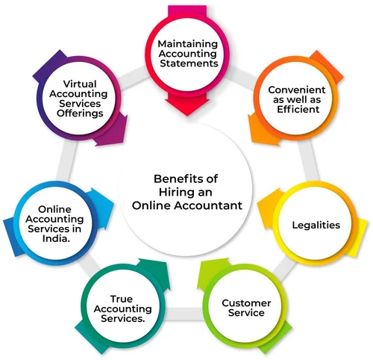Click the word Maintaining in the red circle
pyautogui.click(x=188, y=44)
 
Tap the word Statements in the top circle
pyautogui.click(x=189, y=63)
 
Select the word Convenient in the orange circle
pyautogui.click(x=297, y=90)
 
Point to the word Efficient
pyautogui.click(x=298, y=109)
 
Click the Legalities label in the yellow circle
pyautogui.click(x=316, y=226)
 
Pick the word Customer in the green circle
pyautogui.click(x=246, y=303)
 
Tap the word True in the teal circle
pyautogui.click(x=122, y=299)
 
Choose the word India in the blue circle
pyautogui.click(x=56, y=238)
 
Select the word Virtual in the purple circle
pyautogui.click(x=80, y=84)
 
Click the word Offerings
pyautogui.click(x=80, y=114)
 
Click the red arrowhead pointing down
pyautogui.click(x=187, y=106)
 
